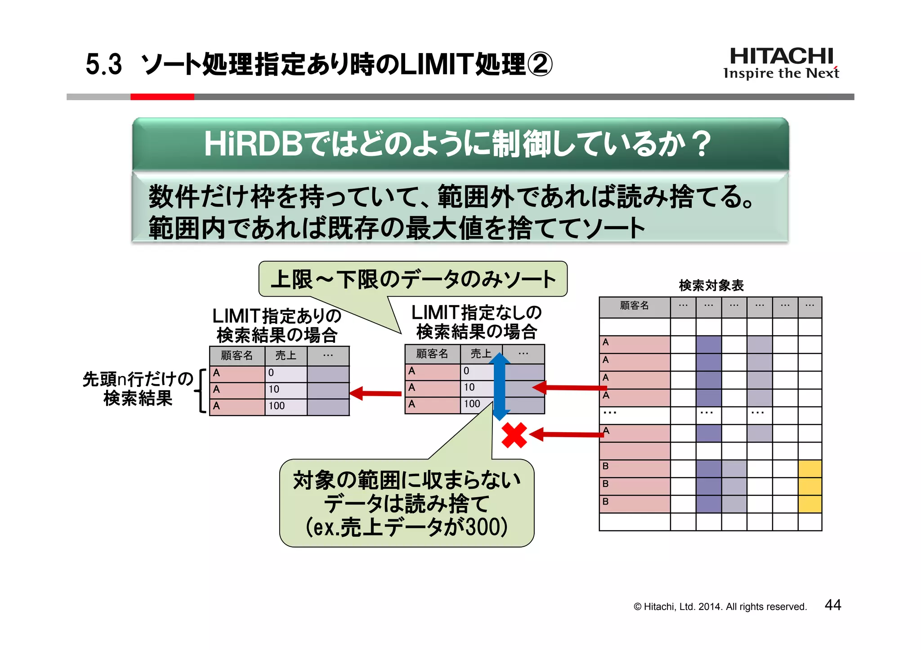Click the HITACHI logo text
pos(781,57)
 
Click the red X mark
pos(514,435)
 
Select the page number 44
pos(832,605)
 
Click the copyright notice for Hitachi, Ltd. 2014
pos(720,606)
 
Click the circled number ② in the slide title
pos(539,64)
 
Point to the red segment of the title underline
pos(162,97)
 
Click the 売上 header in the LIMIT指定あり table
pos(286,355)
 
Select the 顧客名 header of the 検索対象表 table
pos(634,306)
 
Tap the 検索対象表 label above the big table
pos(711,285)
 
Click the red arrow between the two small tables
pos(376,394)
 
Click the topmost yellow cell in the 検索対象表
pos(809,468)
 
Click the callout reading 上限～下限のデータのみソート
pos(413,279)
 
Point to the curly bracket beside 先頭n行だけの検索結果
pos(201,390)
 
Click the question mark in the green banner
pos(701,144)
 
